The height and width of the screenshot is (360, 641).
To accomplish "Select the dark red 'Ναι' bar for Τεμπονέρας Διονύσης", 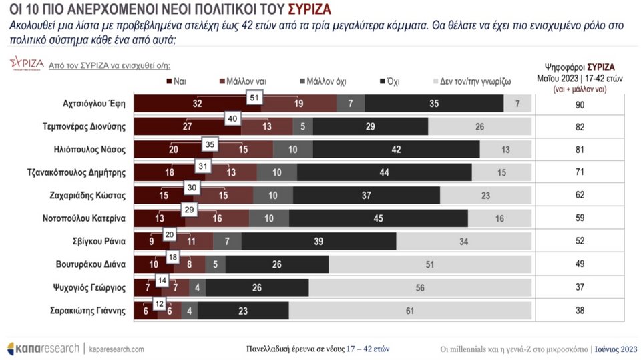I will [x=188, y=127].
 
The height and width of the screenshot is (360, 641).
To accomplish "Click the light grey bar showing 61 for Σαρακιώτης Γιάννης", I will [x=410, y=310].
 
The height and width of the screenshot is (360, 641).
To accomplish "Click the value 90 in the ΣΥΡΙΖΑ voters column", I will [x=580, y=104].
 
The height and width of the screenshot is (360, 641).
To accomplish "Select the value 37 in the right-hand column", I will [x=580, y=287].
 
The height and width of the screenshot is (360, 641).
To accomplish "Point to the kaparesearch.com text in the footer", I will [x=116, y=349].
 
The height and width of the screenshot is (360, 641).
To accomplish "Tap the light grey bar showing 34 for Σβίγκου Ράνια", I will [x=463, y=240].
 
